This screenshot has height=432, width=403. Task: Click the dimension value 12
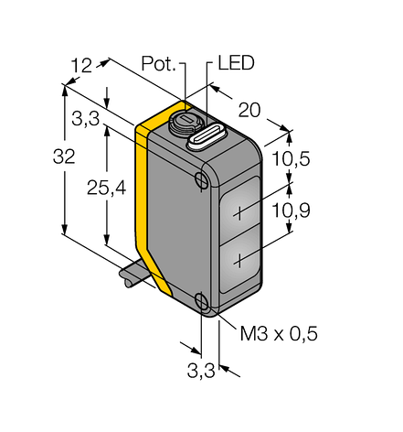(x=81, y=65)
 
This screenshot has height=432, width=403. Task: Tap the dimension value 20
(x=249, y=110)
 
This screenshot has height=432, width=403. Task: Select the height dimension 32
(x=64, y=157)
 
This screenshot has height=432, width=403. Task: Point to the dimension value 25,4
(x=106, y=188)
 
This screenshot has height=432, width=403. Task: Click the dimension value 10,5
(x=291, y=158)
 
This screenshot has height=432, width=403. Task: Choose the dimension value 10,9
(x=291, y=211)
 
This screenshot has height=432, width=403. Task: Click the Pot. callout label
(x=159, y=63)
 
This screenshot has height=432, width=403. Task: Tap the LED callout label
(x=236, y=63)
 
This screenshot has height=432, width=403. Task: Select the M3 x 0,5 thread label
(x=279, y=333)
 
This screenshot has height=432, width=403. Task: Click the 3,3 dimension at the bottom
(x=201, y=371)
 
